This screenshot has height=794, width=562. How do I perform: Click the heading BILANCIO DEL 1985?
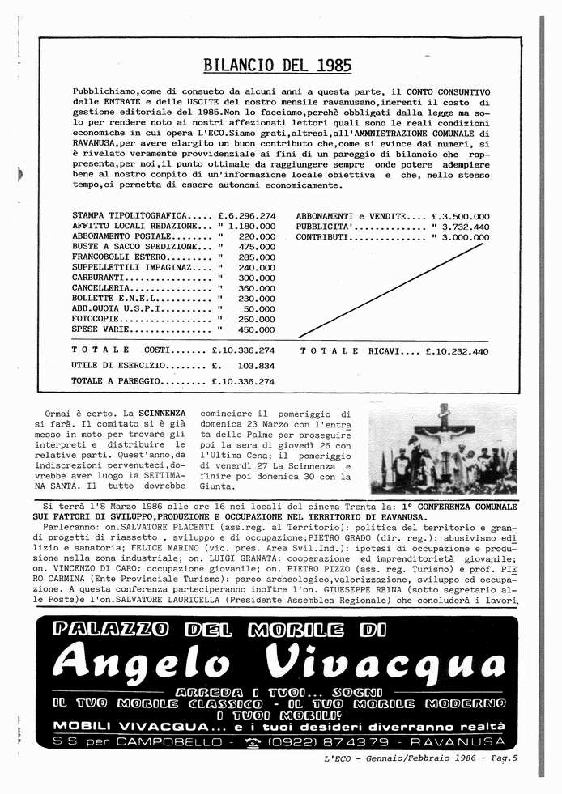tap(277, 66)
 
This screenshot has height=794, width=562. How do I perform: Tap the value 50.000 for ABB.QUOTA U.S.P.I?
tap(259, 308)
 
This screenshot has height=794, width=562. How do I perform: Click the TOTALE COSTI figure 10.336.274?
tap(243, 350)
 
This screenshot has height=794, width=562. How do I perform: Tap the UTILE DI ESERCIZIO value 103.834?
tap(256, 366)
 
